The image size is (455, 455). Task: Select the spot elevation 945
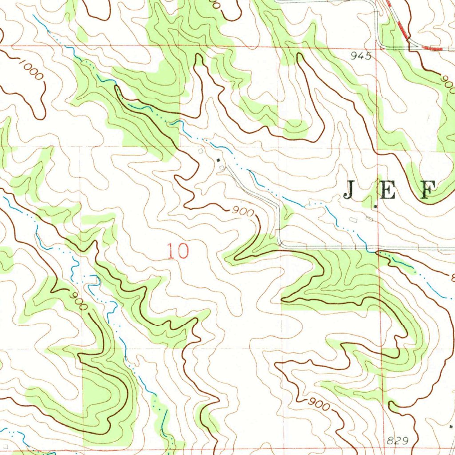[x=360, y=56]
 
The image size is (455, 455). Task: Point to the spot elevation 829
[x=395, y=440]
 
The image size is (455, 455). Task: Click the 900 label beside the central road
[x=243, y=212]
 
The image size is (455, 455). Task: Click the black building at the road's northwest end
[x=218, y=160]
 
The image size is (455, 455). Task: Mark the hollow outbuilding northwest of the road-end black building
[x=201, y=152]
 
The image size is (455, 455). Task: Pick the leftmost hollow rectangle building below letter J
[x=353, y=220]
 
